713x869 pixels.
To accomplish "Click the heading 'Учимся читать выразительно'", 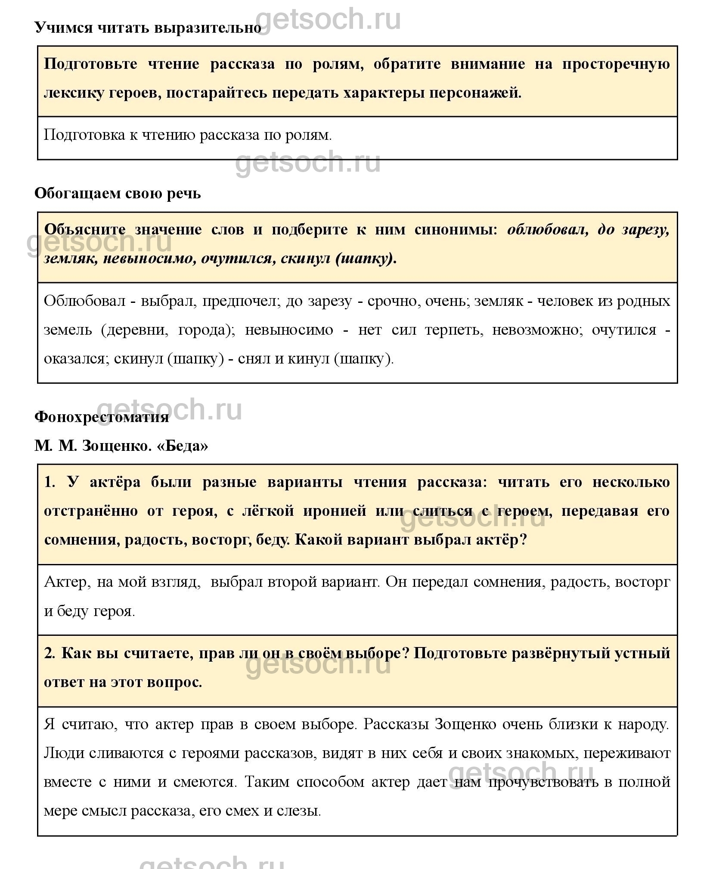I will [148, 28].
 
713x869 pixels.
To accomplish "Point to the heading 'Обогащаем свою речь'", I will [118, 194].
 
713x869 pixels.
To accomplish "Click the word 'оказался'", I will [75, 358].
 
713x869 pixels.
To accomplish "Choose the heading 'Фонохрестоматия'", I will [102, 417].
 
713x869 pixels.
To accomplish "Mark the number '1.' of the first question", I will [50, 482].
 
